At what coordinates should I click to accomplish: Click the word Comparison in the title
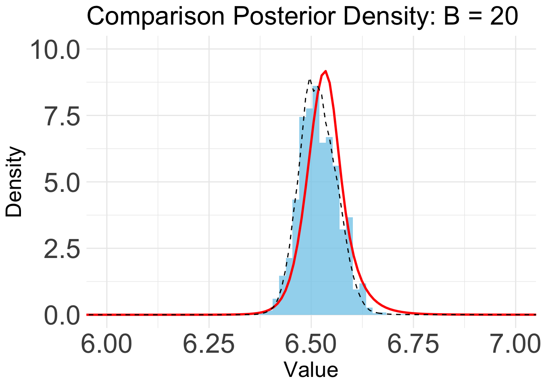coord(156,17)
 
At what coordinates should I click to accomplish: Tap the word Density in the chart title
coord(389,17)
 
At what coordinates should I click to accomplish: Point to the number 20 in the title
coord(504,16)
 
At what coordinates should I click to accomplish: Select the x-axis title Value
coord(311,370)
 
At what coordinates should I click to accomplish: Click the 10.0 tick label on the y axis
coord(55,50)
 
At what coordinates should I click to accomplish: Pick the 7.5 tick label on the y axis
coord(62,117)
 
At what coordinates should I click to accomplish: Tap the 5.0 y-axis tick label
coord(62,183)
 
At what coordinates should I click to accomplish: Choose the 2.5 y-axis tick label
coord(62,249)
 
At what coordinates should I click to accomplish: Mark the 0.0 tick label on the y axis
coord(62,316)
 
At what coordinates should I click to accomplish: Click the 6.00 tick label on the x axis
coord(107,344)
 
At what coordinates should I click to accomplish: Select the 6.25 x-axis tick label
coord(209,344)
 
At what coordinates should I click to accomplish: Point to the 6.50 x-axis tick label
coord(311,344)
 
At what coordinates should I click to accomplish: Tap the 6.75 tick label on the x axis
coord(413,344)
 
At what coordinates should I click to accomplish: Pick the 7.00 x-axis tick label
coord(516,344)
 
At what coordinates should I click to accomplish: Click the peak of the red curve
coord(326,71)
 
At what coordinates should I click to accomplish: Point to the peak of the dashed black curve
coord(310,79)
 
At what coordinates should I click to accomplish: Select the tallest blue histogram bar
coord(316,200)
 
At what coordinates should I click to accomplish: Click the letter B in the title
coord(452,17)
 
